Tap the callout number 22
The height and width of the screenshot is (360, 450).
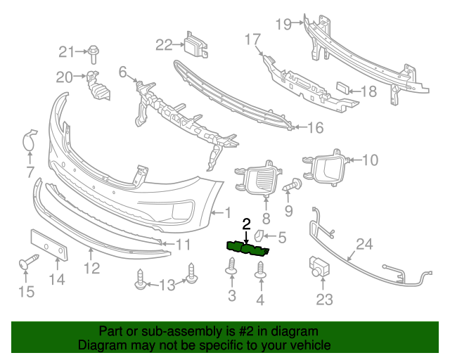tap(164, 45)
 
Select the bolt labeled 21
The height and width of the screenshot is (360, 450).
tap(93, 51)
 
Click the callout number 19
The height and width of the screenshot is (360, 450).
tap(283, 24)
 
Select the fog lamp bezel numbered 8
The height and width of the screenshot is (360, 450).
tap(262, 180)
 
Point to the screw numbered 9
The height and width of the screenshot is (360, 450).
tap(292, 186)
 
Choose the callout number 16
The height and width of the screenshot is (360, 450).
tap(314, 127)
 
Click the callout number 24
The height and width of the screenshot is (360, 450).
tap(364, 244)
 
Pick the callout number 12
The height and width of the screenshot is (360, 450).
tap(92, 267)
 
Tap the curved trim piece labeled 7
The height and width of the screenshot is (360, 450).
tap(30, 141)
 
